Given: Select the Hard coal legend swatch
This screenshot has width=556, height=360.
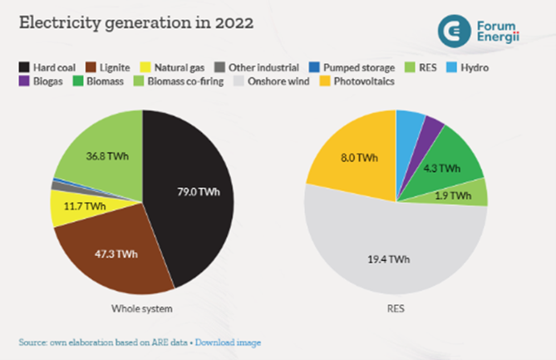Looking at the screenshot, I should (24, 65).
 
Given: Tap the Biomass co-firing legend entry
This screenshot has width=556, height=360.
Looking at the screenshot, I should (180, 81).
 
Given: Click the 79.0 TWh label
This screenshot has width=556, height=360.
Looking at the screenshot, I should (197, 193).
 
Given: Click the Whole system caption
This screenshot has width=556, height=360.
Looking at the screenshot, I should (142, 309).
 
